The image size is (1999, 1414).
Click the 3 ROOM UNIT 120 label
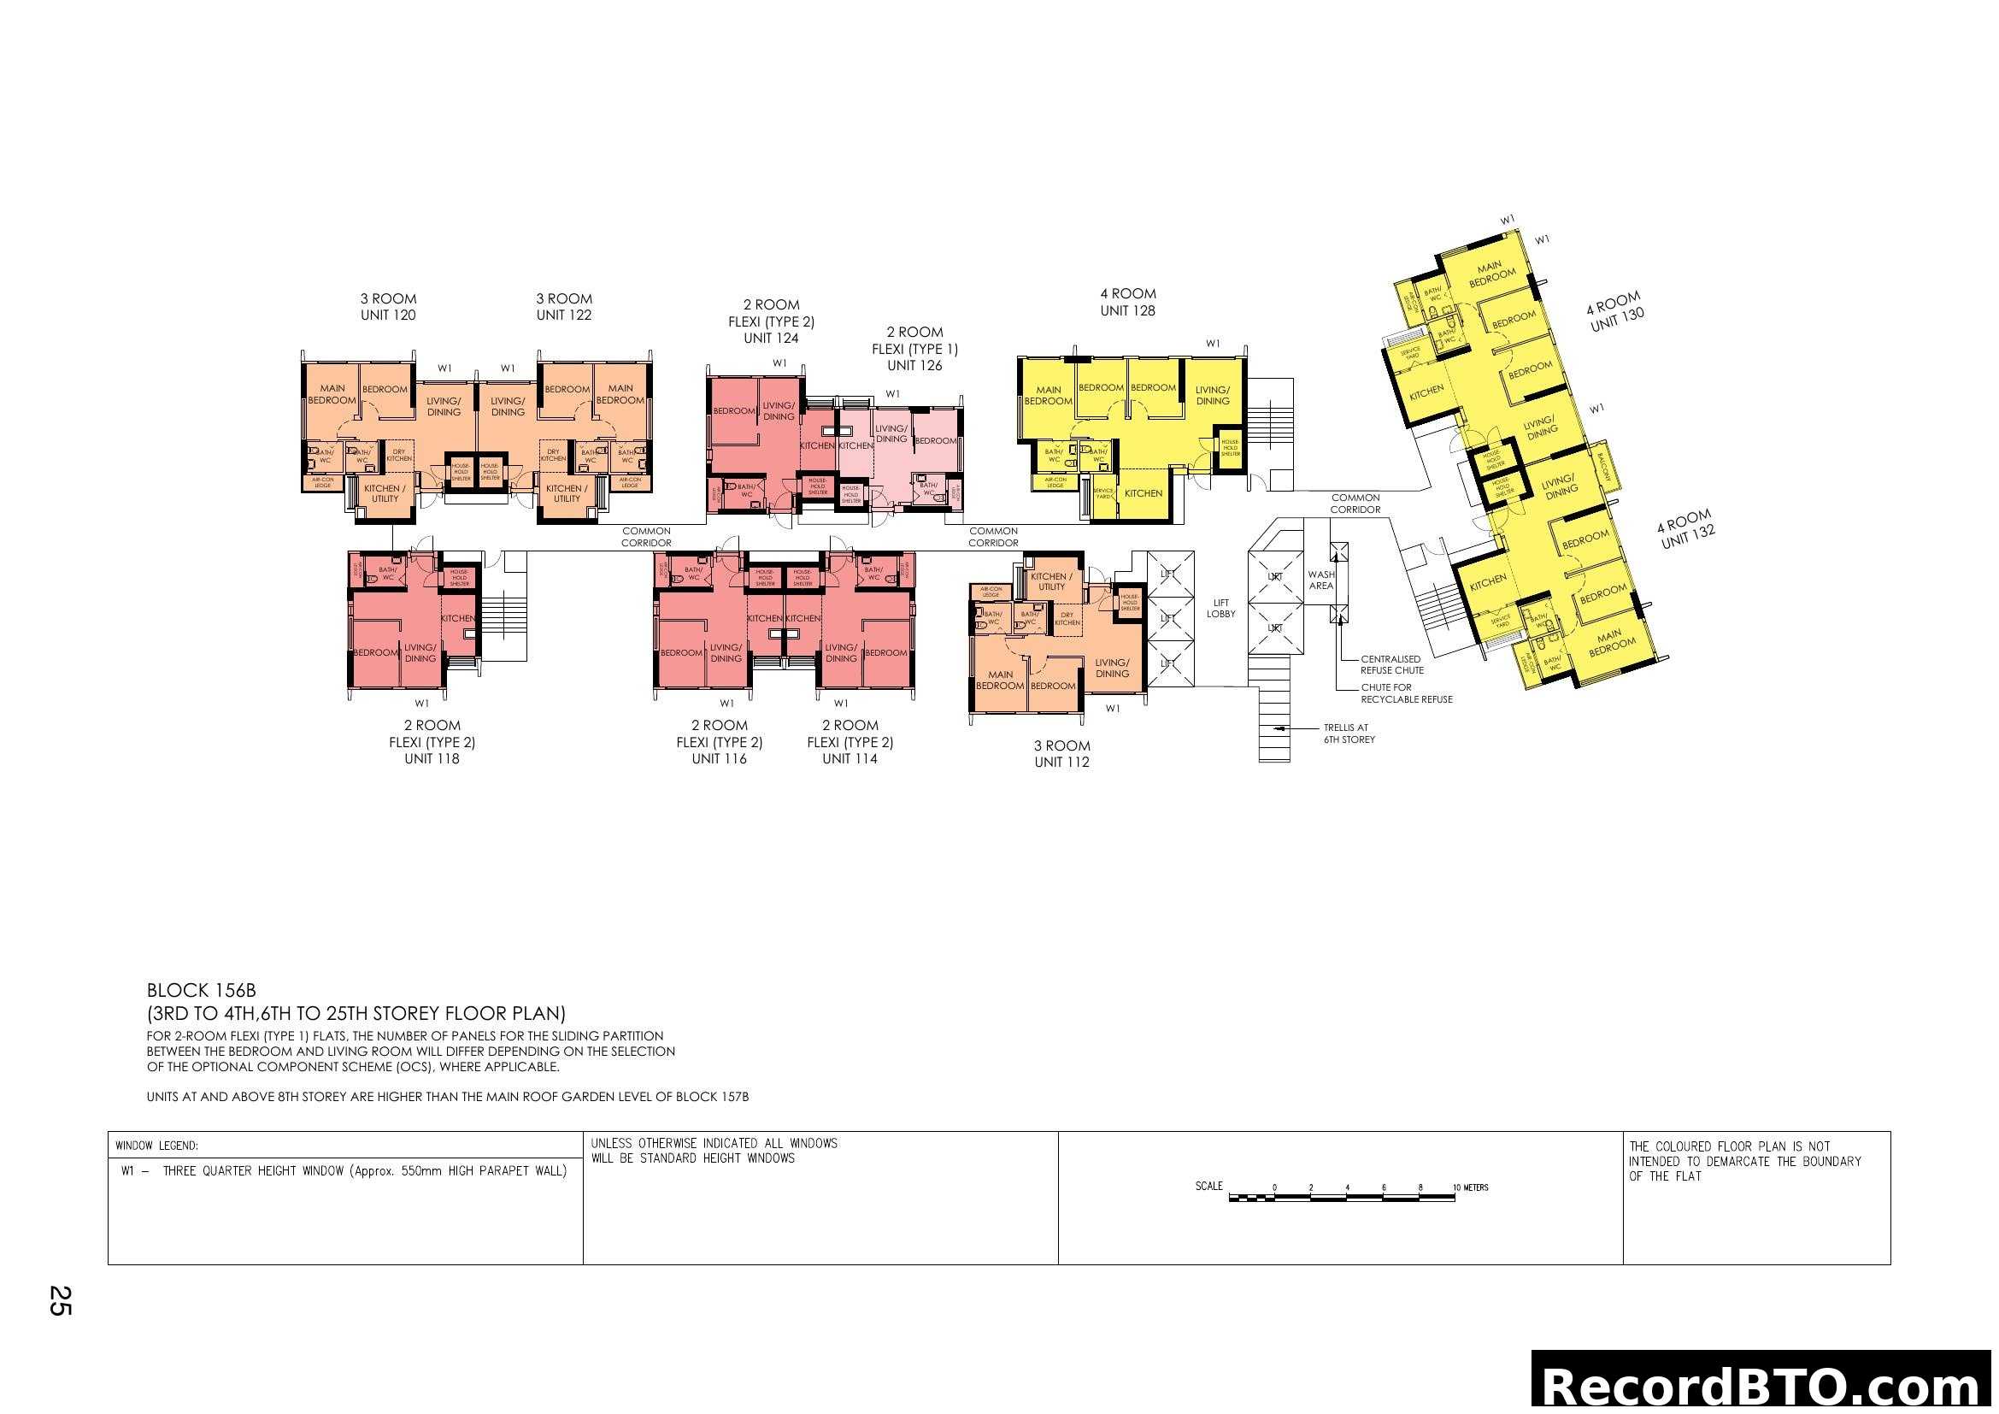click(388, 307)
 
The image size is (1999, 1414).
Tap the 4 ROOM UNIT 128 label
click(1127, 302)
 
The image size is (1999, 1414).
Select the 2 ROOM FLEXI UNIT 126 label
click(914, 348)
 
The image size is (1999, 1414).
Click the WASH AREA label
click(1320, 580)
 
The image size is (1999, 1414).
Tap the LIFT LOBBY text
click(1220, 608)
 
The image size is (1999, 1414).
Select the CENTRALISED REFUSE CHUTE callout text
click(1391, 664)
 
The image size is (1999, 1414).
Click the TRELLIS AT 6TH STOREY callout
click(1349, 734)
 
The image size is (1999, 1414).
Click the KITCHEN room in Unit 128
click(1144, 492)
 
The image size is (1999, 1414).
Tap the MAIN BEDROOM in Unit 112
click(1000, 680)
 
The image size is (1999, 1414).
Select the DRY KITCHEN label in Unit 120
click(399, 455)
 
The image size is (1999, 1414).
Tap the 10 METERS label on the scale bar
click(1471, 1187)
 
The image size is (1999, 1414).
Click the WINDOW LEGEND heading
click(156, 1146)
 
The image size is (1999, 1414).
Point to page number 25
click(59, 1300)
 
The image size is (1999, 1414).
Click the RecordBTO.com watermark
click(1764, 1384)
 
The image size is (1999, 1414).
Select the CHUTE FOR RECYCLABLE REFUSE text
click(1406, 693)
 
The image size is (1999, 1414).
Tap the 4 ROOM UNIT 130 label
click(1616, 312)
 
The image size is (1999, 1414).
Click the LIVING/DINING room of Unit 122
click(508, 407)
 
